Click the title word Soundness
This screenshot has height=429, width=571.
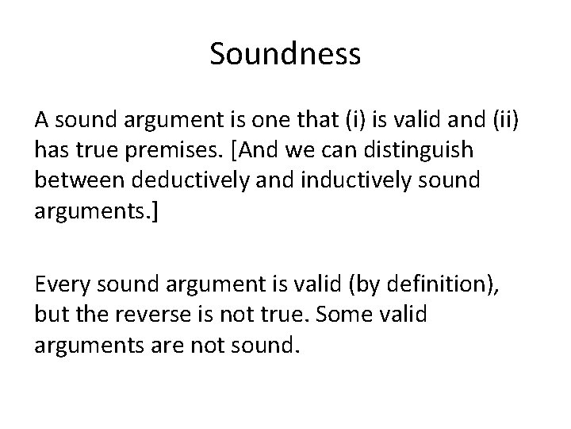pyautogui.click(x=285, y=54)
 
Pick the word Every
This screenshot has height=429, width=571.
pyautogui.click(x=59, y=284)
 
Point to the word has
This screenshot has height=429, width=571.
pyautogui.click(x=50, y=149)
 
